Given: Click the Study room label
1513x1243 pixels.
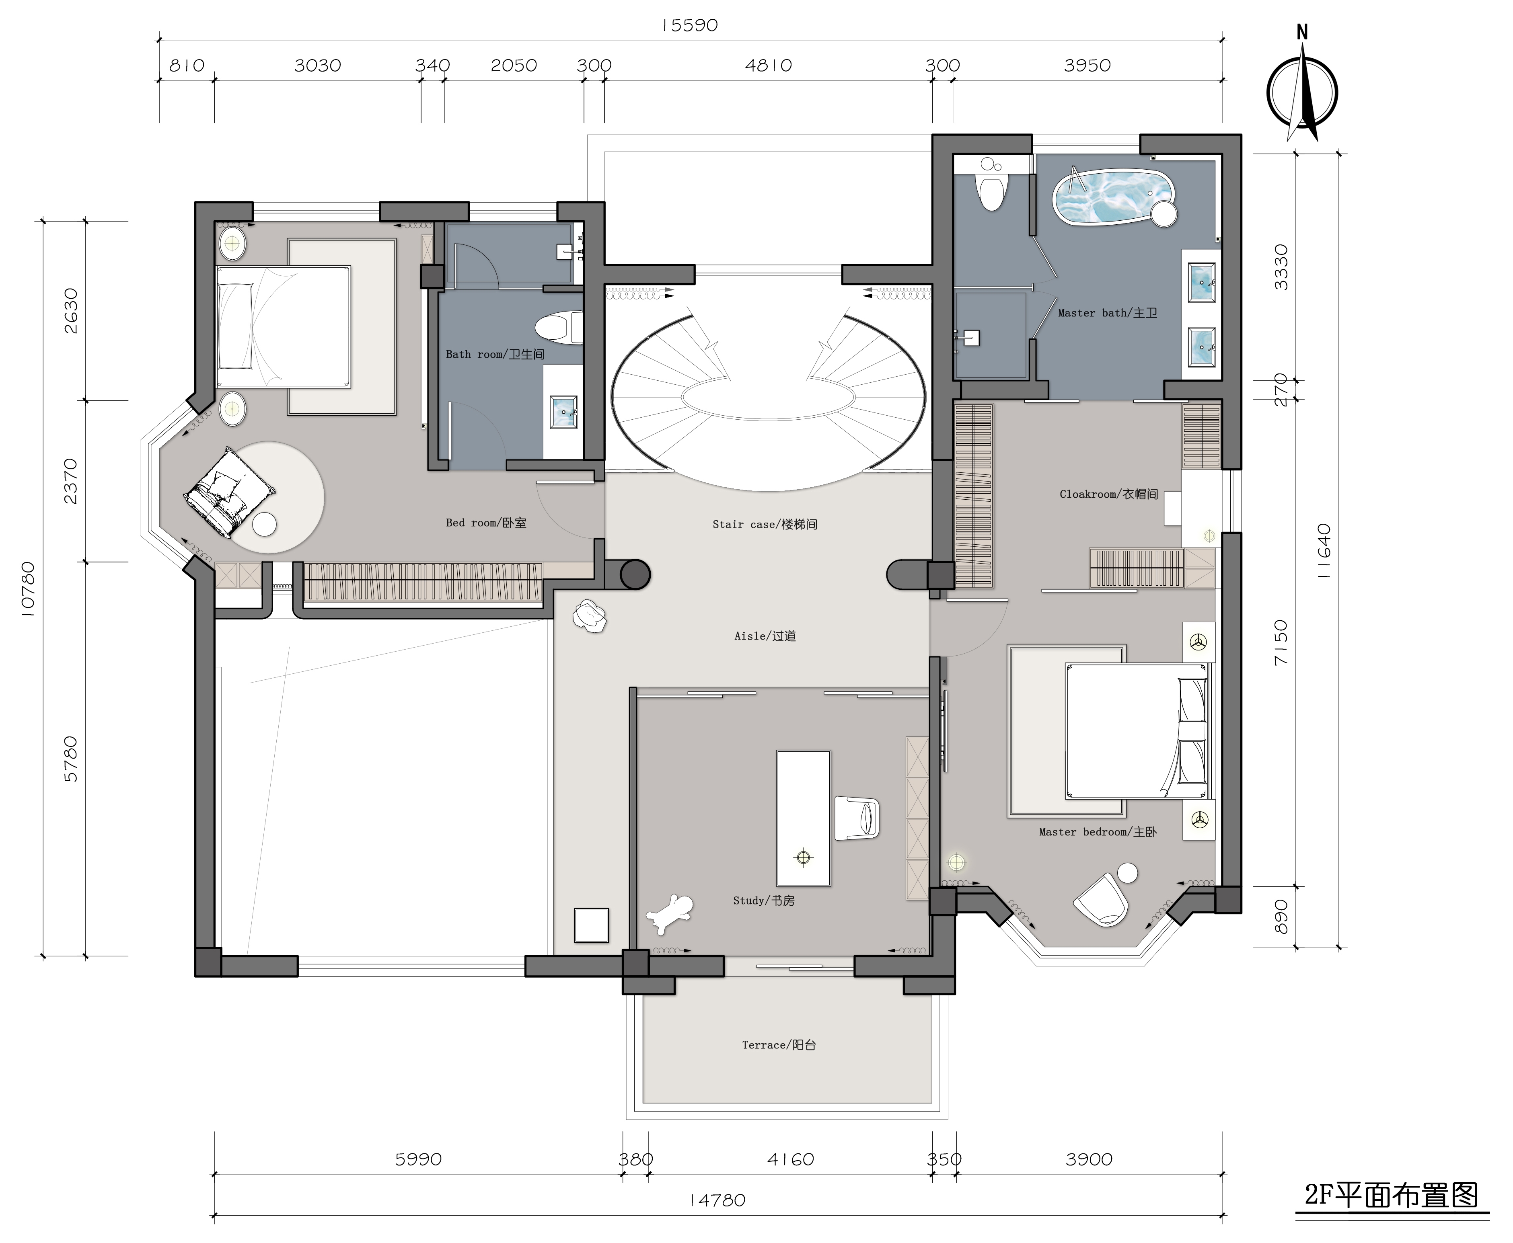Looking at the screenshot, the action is tap(764, 901).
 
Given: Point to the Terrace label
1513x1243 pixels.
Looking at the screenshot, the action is tap(779, 1045).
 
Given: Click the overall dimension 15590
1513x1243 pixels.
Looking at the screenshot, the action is tap(689, 26).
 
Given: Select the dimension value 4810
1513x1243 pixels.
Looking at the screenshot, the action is tap(768, 66).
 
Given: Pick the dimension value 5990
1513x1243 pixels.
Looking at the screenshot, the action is tap(418, 1159).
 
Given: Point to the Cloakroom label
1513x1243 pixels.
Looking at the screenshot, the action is tap(1108, 494).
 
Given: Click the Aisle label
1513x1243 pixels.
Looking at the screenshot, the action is tap(765, 636).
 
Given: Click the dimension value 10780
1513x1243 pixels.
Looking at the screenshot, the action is tap(27, 589).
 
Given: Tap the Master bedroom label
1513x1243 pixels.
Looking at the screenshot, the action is tap(1098, 832).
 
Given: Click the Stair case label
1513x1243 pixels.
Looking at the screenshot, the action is tap(765, 524).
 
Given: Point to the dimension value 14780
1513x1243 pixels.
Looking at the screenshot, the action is tap(717, 1200).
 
